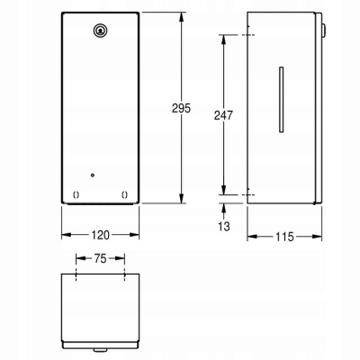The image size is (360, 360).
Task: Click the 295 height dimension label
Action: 181,108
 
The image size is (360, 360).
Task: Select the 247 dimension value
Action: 223,115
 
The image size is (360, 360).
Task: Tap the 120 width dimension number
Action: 100,235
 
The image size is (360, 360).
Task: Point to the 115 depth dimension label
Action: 284,237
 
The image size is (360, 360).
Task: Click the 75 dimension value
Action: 100,258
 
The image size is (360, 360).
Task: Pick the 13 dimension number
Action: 224,226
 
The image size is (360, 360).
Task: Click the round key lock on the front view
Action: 99,30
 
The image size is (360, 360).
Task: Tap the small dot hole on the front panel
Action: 93,175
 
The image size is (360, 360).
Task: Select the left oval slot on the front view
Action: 76,195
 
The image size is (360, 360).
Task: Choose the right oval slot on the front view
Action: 124,195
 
